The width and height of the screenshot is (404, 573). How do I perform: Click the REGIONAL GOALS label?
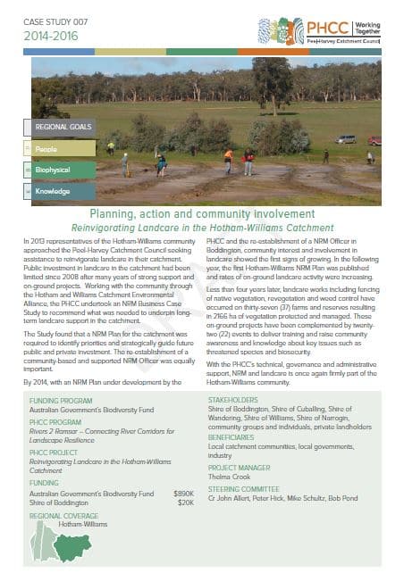pos(63,128)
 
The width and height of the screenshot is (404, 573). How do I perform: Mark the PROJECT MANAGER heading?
pos(241,468)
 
